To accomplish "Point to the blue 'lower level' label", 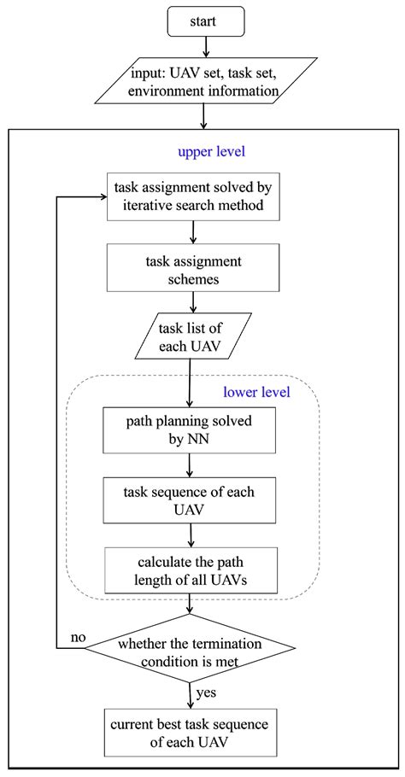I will pyautogui.click(x=257, y=393).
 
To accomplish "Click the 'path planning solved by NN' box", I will pyautogui.click(x=190, y=430).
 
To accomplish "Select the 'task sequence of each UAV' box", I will pyautogui.click(x=190, y=500).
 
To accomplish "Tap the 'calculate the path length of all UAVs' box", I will pyautogui.click(x=190, y=570).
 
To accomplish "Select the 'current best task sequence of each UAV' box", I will pyautogui.click(x=190, y=733).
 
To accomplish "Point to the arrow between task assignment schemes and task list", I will pyautogui.click(x=195, y=302).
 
